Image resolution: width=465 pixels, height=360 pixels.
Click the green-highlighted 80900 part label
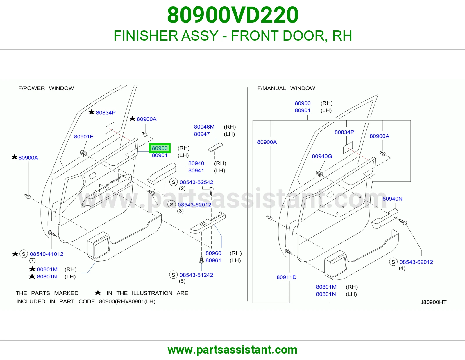(160, 148)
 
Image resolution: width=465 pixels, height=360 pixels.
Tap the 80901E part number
(84, 137)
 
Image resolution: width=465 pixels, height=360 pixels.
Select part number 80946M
(204, 127)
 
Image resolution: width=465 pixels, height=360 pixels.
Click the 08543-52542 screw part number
(196, 182)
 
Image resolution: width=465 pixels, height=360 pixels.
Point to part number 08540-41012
(46, 254)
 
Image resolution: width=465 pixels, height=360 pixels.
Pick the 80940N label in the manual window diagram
(392, 199)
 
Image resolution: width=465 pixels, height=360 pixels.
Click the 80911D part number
(286, 277)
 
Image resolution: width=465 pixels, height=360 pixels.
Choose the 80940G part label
(322, 156)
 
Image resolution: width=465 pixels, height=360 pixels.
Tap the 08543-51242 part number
(196, 275)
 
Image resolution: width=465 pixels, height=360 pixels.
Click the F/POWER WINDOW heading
(46, 88)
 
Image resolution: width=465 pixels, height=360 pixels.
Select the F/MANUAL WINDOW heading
(286, 88)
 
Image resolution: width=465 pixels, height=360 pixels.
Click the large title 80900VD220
(233, 15)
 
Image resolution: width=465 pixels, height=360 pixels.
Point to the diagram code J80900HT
(433, 302)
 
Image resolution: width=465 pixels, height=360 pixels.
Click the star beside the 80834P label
(91, 112)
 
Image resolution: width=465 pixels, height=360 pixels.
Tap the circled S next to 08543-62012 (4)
(393, 262)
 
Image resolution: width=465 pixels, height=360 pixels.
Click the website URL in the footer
(233, 350)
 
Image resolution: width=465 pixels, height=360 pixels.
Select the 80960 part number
(213, 253)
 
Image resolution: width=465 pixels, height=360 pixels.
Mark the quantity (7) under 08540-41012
(32, 260)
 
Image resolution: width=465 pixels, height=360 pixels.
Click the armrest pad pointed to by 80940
(162, 173)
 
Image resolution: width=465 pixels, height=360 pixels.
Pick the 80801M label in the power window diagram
(47, 269)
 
